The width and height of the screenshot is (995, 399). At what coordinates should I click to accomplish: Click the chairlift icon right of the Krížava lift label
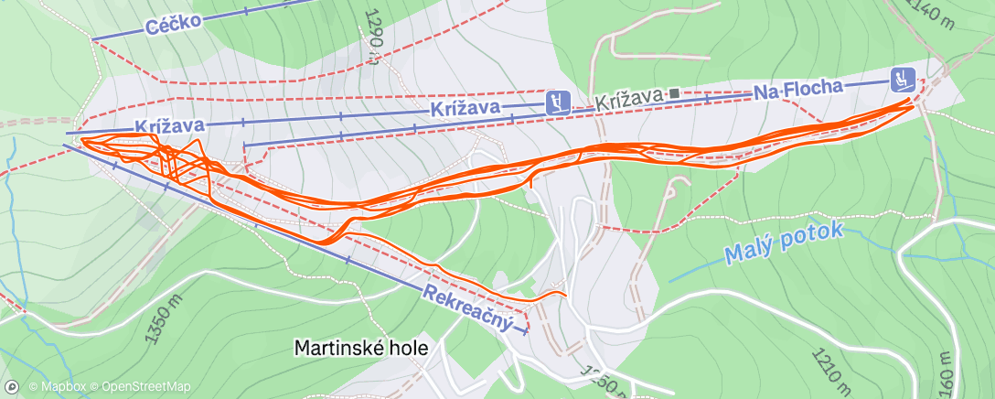(x=558, y=102)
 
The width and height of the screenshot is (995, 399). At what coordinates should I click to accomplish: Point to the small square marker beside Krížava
(x=674, y=93)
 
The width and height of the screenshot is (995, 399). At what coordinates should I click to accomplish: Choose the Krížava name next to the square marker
(x=629, y=99)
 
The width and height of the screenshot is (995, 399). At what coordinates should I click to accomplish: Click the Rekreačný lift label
(x=465, y=307)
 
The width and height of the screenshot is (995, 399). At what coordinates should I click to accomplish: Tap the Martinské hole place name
(x=361, y=348)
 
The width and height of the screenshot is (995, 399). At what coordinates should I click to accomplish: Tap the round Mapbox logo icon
(x=13, y=387)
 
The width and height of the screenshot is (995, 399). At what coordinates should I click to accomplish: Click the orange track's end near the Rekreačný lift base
(x=566, y=295)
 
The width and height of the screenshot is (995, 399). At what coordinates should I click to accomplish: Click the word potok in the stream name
(x=813, y=233)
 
